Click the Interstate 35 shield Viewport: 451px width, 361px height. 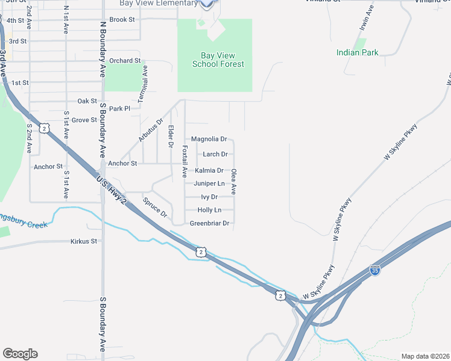375,270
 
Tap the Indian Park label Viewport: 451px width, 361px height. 358,52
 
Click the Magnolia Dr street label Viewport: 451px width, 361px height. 209,139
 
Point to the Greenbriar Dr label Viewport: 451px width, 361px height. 210,223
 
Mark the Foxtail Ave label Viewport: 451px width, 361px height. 184,161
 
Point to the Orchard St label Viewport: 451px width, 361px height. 125,61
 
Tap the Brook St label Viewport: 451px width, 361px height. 122,20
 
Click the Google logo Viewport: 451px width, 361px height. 20,354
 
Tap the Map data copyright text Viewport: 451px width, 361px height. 425,356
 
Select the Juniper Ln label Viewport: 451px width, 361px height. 209,184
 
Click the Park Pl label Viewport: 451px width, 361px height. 119,109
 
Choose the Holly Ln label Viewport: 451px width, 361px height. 209,210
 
